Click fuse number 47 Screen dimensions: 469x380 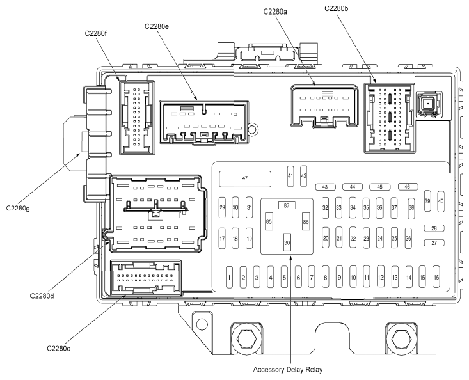tap(245, 178)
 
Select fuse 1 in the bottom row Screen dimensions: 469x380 tap(230, 277)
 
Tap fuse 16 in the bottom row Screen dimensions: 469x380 tap(436, 277)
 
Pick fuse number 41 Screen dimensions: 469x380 tap(290, 176)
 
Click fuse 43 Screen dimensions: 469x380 tap(326, 187)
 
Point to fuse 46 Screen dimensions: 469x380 tap(408, 187)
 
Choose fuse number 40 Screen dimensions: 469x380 tap(441, 202)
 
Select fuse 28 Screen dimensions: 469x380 tap(434, 228)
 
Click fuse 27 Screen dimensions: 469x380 tap(434, 242)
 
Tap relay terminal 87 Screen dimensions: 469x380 tap(287, 205)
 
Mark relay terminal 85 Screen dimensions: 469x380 tap(269, 221)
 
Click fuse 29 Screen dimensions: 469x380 tap(222, 207)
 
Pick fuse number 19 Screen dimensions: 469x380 tap(249, 239)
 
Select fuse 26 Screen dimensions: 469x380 tap(408, 239)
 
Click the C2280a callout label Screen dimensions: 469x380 tap(275, 12)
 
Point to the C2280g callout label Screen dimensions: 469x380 tap(18, 209)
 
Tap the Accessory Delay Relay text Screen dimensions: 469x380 tap(288, 370)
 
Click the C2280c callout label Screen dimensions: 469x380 tap(59, 349)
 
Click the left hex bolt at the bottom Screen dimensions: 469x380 tap(247, 339)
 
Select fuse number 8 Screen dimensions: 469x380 tap(326, 277)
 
